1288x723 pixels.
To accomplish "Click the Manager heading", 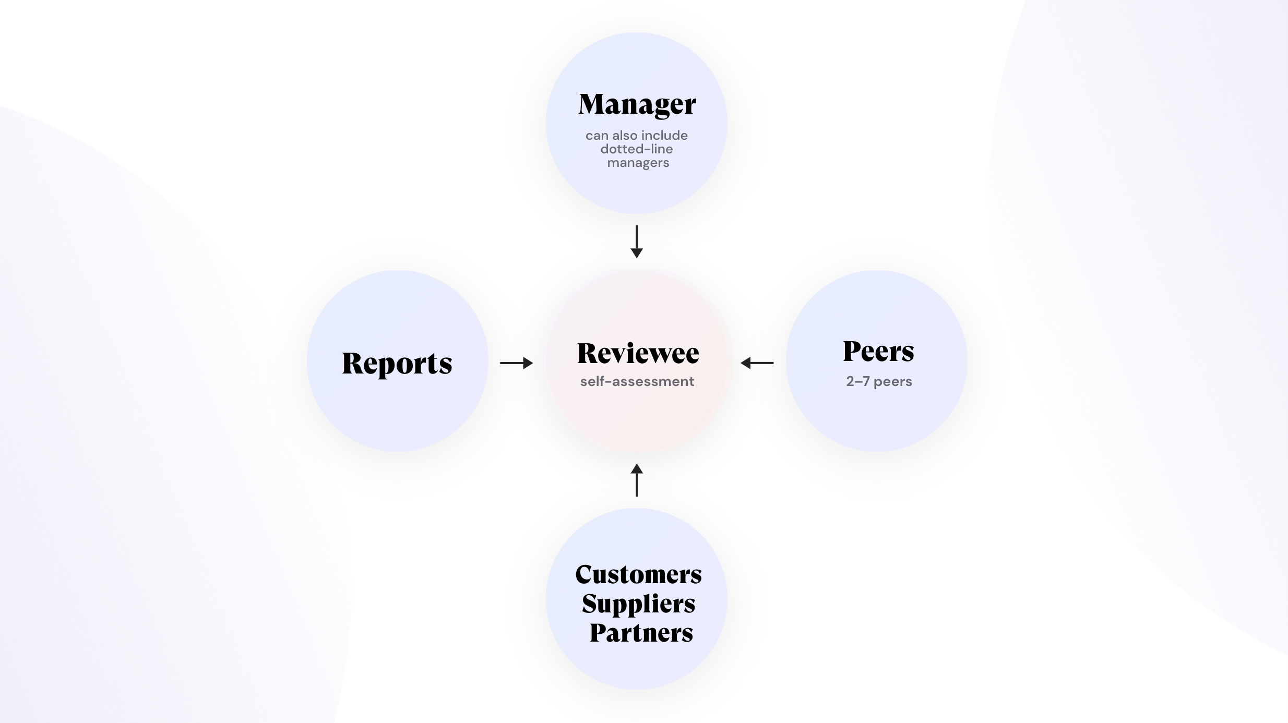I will [637, 104].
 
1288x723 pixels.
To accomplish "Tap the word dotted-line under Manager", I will [637, 149].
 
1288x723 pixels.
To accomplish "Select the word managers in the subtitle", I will [638, 163].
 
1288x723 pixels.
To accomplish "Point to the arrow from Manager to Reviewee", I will [637, 241].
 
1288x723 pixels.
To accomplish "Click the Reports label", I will [397, 363].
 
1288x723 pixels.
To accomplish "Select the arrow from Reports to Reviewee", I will [516, 363].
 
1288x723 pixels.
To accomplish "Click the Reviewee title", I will [638, 353].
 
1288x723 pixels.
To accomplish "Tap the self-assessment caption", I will [637, 381].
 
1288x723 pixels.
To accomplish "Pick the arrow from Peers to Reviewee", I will [757, 363].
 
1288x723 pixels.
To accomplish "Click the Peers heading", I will [878, 351].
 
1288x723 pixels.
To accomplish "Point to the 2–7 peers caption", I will [879, 381].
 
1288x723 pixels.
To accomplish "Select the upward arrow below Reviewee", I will [637, 480].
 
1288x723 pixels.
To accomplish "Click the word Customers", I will [638, 574].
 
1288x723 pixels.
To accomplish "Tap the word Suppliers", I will [638, 604].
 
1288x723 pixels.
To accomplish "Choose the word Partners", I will [641, 633].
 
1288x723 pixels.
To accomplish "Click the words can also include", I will [637, 136].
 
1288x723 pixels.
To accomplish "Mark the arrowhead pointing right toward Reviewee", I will [528, 363].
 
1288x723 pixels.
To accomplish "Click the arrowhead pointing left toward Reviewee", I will [746, 363].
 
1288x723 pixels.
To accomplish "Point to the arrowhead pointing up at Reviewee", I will [637, 468].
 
